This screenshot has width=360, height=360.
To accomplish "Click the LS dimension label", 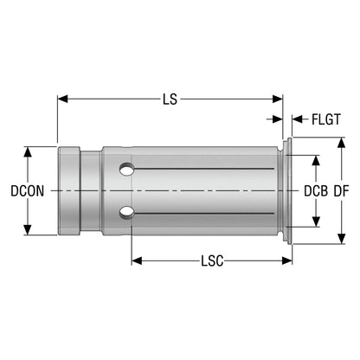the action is click(170, 100).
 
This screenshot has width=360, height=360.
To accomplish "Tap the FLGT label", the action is click(326, 119).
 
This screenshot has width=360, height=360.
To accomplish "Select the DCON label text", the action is click(28, 191).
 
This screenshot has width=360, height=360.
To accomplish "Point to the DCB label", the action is click(316, 191).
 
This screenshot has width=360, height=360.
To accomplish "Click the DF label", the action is click(342, 191).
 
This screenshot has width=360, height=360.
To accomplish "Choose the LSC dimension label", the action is click(212, 261).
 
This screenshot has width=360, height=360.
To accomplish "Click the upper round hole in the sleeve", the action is click(127, 170).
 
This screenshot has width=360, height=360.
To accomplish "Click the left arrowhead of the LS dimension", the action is click(62, 99).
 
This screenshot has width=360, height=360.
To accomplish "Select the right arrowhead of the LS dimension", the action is click(278, 99).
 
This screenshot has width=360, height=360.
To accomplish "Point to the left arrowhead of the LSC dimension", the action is click(137, 260).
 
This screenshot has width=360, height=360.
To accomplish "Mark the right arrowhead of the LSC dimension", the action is click(287, 260).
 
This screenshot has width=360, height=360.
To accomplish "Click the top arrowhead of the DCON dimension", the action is click(28, 151).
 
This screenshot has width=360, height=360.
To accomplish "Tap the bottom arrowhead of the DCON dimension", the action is click(28, 230).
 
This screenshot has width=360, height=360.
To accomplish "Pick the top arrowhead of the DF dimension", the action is click(342, 143).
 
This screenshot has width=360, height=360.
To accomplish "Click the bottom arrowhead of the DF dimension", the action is click(342, 239).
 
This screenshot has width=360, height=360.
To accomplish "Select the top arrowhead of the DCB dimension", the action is click(316, 160).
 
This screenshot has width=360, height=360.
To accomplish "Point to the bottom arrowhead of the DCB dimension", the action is click(316, 222).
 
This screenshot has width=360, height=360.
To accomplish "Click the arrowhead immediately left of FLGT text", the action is click(298, 119).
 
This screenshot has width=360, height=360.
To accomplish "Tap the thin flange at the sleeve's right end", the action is click(289, 191).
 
